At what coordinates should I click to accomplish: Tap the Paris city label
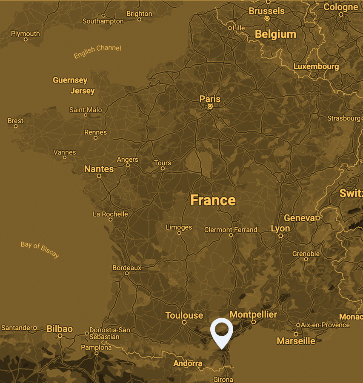tap(210, 99)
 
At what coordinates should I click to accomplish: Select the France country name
tap(213, 200)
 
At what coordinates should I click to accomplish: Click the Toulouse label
tap(184, 315)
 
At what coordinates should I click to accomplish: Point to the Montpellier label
tap(253, 314)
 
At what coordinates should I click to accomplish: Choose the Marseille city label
tap(296, 341)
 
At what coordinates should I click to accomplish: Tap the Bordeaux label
tap(127, 268)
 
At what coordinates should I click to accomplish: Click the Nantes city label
tap(99, 169)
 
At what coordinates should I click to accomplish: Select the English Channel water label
tap(97, 51)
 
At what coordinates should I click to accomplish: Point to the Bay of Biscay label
tap(40, 250)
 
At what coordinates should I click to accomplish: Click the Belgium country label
tap(275, 34)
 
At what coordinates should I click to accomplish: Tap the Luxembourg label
tap(316, 66)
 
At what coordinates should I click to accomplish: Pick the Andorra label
tap(188, 363)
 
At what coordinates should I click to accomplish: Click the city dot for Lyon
tap(280, 235)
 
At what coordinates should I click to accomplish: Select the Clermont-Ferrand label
tap(231, 229)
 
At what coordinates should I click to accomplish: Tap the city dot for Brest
tap(16, 126)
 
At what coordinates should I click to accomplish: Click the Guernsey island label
tap(70, 80)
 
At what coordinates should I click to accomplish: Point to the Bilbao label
tap(60, 329)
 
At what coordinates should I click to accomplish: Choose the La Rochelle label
tap(110, 214)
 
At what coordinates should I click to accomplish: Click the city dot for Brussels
tap(267, 19)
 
